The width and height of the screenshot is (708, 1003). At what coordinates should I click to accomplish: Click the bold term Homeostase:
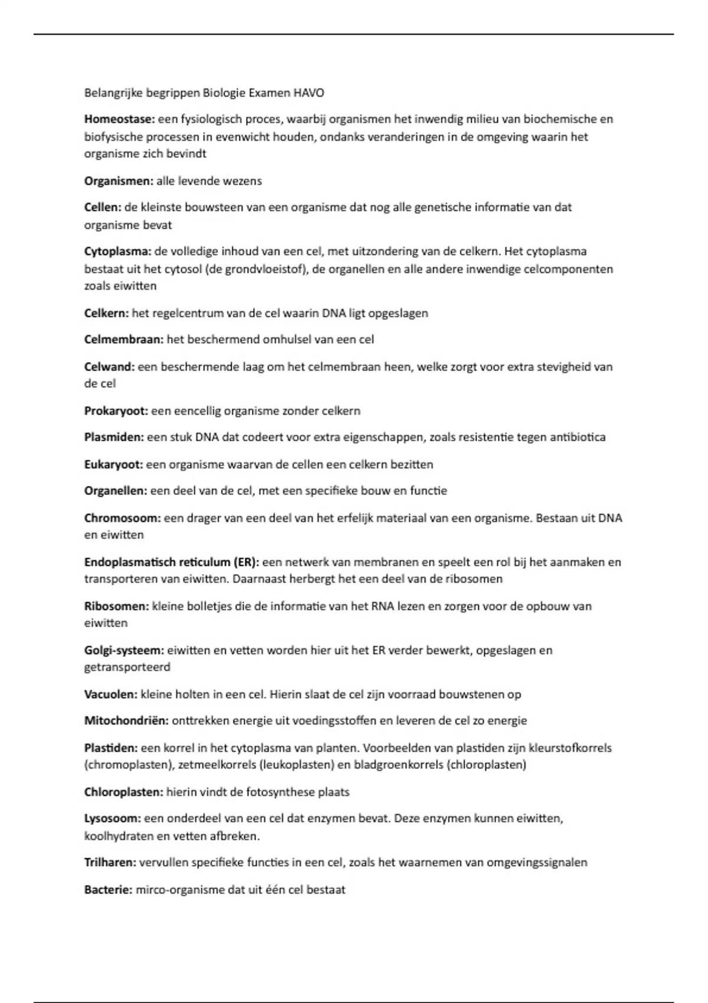point(119,119)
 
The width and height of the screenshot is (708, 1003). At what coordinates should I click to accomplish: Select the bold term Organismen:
point(119,181)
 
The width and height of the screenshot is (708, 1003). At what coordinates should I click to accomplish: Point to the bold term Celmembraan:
point(124,339)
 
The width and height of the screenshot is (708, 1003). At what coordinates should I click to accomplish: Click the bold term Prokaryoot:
point(116,411)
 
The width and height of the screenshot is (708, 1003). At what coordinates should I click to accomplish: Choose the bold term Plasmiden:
point(114,437)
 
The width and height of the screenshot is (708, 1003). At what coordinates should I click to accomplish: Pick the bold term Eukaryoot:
point(114,464)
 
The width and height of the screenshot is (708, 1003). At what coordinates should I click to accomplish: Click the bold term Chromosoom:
point(122,518)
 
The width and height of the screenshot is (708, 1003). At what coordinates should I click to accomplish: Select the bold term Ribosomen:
point(116,606)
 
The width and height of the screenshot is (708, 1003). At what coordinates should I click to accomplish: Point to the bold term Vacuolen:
point(111,694)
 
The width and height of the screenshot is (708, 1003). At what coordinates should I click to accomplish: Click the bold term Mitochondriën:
point(126,720)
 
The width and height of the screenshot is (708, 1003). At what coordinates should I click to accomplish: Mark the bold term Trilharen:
point(110,863)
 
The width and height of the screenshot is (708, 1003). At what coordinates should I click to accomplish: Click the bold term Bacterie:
point(109,890)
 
